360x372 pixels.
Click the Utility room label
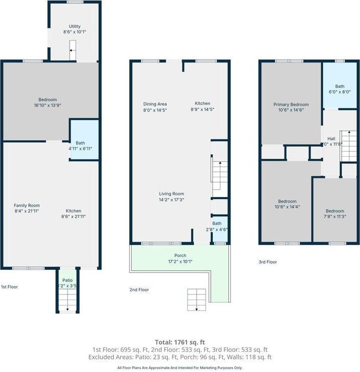tap(75, 27)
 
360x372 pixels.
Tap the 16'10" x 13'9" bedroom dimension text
tap(47, 105)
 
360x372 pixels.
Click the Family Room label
tap(27, 205)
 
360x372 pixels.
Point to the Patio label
tap(67, 280)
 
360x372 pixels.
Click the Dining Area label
tap(155, 104)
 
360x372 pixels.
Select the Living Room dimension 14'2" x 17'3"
tap(171, 200)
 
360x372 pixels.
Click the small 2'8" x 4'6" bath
tap(217, 226)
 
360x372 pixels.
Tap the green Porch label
tap(180, 256)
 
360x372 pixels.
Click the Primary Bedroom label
tap(291, 104)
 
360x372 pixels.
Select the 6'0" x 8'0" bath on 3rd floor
tap(340, 89)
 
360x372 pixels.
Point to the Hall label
tap(331, 139)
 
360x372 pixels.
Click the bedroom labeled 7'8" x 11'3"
tap(335, 214)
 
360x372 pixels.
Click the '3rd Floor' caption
tap(268, 262)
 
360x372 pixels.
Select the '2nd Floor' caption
tap(139, 290)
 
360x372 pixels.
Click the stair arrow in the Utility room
tap(73, 51)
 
